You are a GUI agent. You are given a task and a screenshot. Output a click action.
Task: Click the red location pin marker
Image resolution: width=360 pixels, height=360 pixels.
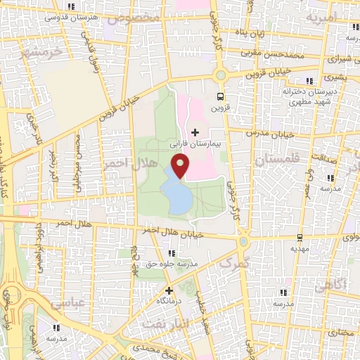pos(181,167)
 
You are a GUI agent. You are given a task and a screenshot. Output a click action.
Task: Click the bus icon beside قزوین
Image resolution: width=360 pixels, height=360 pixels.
pos(221,97)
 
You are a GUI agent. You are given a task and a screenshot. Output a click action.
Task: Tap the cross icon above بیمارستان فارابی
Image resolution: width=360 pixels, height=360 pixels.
pos(195,132)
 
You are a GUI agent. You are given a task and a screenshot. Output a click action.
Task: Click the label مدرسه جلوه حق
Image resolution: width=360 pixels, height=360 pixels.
pos(171,264)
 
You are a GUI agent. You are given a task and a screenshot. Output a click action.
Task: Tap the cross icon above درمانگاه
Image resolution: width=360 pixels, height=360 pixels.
pos(168,290)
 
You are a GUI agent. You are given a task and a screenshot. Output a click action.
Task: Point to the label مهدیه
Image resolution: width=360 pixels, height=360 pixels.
pos(300,249)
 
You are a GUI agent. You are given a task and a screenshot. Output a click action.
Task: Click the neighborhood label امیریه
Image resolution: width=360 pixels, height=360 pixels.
pos(336,16)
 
